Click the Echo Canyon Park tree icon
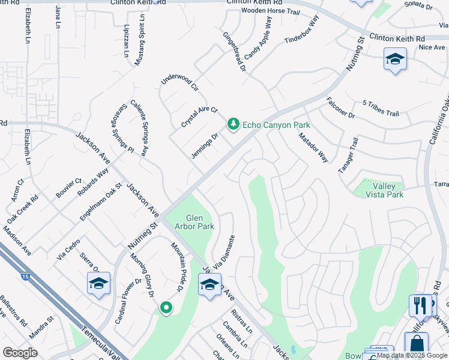coord(233,124)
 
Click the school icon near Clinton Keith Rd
coord(395,59)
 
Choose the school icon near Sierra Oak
coord(99,284)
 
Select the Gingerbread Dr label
coord(235,52)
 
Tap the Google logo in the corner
coord(20,353)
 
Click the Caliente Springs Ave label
coord(139,128)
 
